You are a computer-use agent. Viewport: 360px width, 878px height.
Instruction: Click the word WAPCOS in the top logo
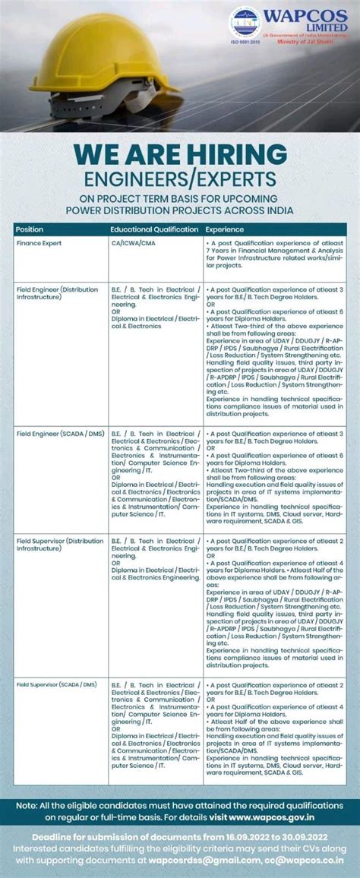coord(304,16)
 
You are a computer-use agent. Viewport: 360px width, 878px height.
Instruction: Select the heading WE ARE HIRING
coord(179,154)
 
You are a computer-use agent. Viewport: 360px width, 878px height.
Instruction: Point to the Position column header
coord(30,229)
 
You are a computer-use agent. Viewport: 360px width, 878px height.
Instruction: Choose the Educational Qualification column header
coord(154,229)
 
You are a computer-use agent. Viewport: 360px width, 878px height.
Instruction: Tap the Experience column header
coord(224,229)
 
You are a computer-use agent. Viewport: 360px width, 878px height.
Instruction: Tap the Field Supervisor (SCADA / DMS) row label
coord(57,684)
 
